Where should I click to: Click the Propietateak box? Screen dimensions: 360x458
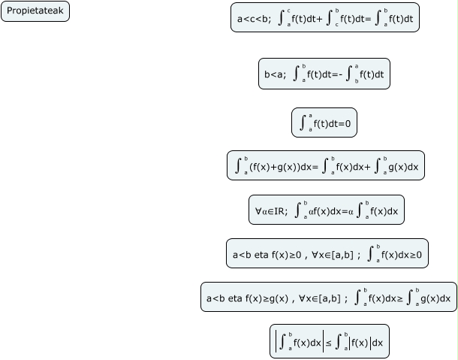[x=35, y=11]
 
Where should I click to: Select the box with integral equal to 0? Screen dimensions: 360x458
[x=324, y=123]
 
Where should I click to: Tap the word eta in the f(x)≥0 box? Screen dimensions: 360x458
[x=261, y=255]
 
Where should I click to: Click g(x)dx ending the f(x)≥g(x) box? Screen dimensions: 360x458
[x=434, y=299]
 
